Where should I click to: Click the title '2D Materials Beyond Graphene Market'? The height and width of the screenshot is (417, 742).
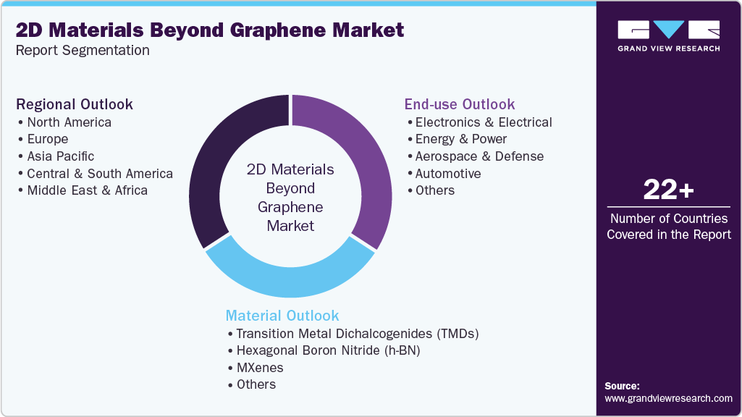209,30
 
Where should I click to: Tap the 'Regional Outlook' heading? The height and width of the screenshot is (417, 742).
75,104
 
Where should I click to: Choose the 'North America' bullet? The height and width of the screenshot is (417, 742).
69,122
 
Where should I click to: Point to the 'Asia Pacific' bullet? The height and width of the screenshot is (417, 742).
60,156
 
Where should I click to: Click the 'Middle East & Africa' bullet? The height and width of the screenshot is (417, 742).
87,190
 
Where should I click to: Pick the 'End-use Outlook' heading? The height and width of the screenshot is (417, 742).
460,104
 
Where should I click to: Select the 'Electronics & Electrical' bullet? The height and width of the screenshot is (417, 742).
484,122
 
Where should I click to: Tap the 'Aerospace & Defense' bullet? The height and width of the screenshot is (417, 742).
479,156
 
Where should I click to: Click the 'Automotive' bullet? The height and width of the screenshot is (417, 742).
448,174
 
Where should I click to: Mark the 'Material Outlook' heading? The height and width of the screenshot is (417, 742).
282,316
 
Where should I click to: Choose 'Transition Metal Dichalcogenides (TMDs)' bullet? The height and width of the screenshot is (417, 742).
358,334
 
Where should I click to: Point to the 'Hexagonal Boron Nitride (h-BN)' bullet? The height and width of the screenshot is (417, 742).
328,350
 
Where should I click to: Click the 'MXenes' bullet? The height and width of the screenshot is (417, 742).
260,368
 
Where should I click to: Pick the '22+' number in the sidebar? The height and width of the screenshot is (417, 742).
669,190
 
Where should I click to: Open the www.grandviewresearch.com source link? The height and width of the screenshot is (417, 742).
668,398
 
